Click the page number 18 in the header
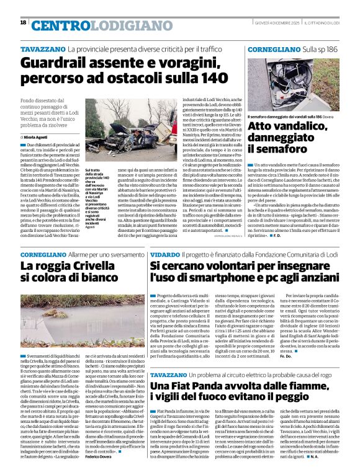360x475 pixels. (23, 23)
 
